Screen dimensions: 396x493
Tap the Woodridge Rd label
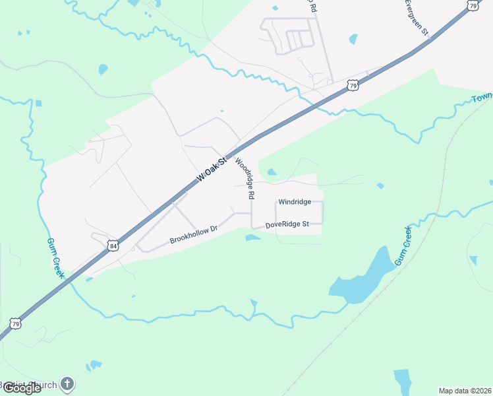[244, 178]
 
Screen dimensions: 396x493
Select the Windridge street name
[294, 202]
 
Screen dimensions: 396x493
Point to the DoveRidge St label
[287, 225]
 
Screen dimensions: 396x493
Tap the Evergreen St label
[417, 17]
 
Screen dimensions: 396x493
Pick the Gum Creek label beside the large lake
[403, 246]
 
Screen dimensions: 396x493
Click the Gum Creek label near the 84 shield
[55, 258]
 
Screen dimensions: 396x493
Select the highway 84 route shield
[113, 246]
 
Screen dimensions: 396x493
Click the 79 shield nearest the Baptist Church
[15, 323]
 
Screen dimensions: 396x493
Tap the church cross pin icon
[67, 383]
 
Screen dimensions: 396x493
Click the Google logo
[21, 388]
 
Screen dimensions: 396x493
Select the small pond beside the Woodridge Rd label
[271, 172]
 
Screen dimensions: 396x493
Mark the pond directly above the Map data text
[402, 380]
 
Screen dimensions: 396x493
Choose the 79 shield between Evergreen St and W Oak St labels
[354, 86]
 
